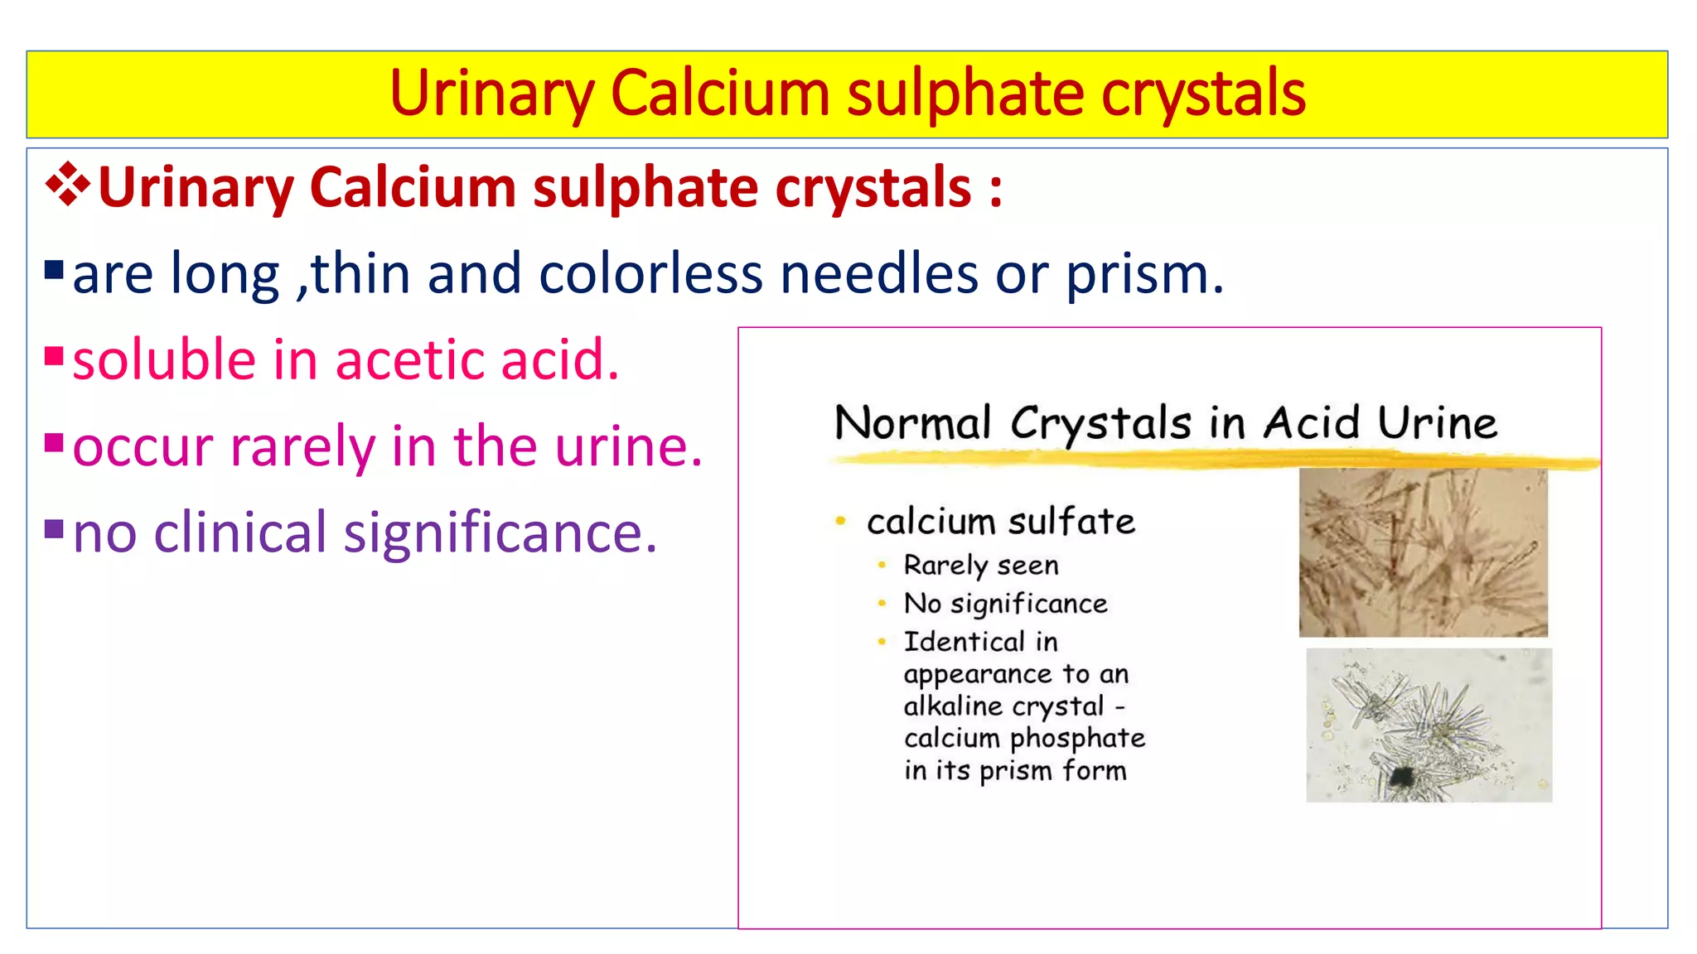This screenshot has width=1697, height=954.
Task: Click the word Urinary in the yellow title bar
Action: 491,94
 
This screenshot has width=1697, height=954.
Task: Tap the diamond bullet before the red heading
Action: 67,185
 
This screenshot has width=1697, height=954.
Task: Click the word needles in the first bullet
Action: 879,274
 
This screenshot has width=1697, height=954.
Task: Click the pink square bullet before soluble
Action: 54,357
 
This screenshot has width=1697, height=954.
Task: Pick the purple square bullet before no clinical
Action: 54,528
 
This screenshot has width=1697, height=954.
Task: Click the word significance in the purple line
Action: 494,533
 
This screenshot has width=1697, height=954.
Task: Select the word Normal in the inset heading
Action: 912,423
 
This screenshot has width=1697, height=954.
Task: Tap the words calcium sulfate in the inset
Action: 1000,523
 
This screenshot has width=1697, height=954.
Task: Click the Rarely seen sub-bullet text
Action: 981,566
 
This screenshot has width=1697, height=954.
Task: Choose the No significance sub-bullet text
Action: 1005,604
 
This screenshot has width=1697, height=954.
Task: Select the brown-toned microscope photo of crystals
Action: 1423,552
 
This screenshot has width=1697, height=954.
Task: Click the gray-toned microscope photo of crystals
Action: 1429,725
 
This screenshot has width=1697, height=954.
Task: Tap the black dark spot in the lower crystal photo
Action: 1401,777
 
